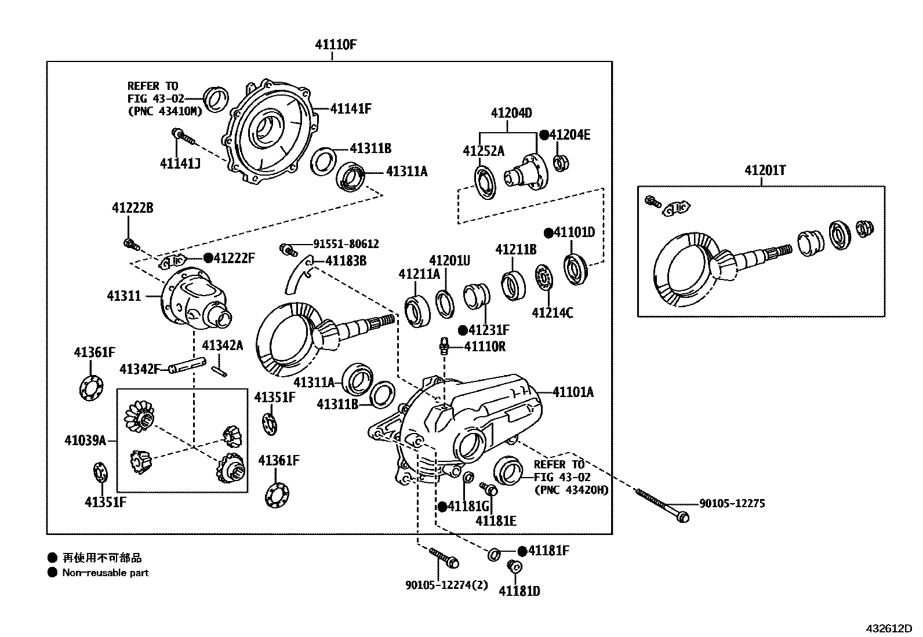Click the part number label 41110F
(x=336, y=45)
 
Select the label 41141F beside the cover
(x=351, y=108)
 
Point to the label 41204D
(x=511, y=113)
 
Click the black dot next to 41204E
(x=544, y=134)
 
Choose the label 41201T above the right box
(x=765, y=170)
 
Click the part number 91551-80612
(x=346, y=244)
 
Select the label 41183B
(x=346, y=261)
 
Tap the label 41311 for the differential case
(x=123, y=296)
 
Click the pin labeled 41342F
(x=187, y=365)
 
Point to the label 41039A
(x=85, y=441)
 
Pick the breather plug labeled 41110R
(x=444, y=345)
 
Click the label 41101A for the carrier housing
(x=573, y=392)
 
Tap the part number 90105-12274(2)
(x=446, y=585)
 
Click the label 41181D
(x=519, y=591)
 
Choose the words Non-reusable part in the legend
(x=106, y=573)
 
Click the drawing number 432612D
(x=889, y=628)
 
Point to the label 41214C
(x=552, y=313)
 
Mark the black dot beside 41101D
(x=548, y=233)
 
